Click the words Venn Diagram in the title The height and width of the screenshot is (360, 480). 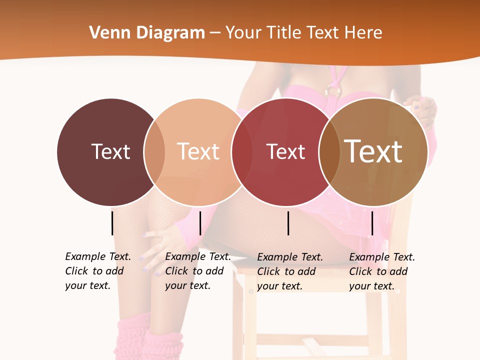pos(147,33)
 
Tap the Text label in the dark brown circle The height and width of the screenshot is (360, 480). pos(110,151)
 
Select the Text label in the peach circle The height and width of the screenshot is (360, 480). pos(198,151)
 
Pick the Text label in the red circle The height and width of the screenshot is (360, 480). pos(285,151)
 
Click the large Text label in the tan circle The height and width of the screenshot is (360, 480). pos(373,151)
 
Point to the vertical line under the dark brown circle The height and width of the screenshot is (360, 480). pos(112,223)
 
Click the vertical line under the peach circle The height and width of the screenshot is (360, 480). pos(200,223)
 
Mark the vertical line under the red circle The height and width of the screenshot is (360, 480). pos(288,223)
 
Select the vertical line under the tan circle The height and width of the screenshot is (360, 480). pos(372,223)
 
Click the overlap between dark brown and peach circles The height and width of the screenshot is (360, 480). pos(154,151)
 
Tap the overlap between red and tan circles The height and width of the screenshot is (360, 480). pos(329,151)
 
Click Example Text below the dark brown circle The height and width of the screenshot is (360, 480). pos(98,256)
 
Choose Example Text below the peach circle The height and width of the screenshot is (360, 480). pos(198,256)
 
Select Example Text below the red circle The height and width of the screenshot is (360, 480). pos(290,257)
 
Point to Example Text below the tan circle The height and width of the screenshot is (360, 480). pos(382,257)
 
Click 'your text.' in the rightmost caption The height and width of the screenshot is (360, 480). pos(371,286)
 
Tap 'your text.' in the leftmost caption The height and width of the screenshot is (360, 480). pos(87,285)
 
